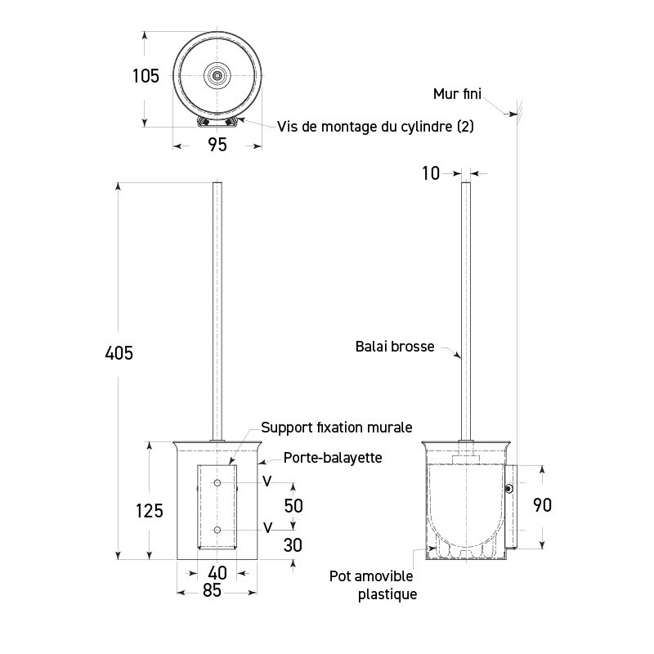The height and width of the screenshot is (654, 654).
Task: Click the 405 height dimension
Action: point(119,353)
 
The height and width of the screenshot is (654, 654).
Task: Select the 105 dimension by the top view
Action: point(146,76)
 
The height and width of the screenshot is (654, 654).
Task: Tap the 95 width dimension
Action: point(217,145)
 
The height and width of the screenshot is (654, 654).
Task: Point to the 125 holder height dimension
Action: point(149,510)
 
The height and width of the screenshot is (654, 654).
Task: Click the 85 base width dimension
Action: point(212,590)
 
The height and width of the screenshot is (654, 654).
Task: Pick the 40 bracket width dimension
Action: point(217,572)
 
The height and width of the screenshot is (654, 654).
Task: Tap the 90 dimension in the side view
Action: point(541,504)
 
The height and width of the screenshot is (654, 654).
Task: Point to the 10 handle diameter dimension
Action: point(431,172)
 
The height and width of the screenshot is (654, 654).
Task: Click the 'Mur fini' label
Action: point(457,93)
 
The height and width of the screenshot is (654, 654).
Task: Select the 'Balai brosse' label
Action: point(395,346)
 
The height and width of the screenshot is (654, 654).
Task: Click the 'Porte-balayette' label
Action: point(332,458)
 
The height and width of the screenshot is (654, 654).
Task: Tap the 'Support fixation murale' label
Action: point(336,427)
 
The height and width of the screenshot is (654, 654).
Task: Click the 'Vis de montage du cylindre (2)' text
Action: point(375,126)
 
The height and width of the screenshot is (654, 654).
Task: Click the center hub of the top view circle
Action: point(217,74)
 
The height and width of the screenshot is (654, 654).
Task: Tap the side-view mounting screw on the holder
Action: point(509,488)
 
